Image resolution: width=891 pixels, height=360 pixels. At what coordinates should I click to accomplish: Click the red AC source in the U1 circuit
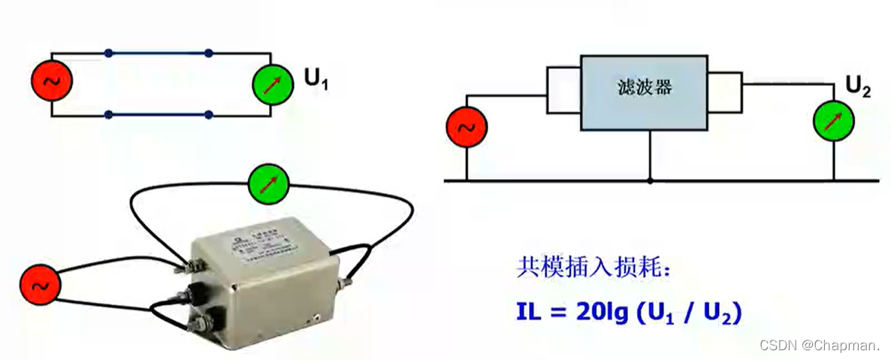[52, 83]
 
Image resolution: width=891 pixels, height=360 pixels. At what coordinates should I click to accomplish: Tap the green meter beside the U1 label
[271, 83]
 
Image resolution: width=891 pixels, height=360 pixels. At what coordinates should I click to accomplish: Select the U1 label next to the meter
[316, 79]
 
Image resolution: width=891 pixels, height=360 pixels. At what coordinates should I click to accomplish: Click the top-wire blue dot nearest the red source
[109, 53]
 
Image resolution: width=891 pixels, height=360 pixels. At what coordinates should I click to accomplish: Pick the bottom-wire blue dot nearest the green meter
[209, 115]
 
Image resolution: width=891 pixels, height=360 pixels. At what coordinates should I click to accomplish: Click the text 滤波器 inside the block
[643, 89]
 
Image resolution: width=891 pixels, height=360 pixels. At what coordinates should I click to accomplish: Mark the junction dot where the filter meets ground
[650, 180]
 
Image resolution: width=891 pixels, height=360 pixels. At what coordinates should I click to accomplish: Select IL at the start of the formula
[530, 312]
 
